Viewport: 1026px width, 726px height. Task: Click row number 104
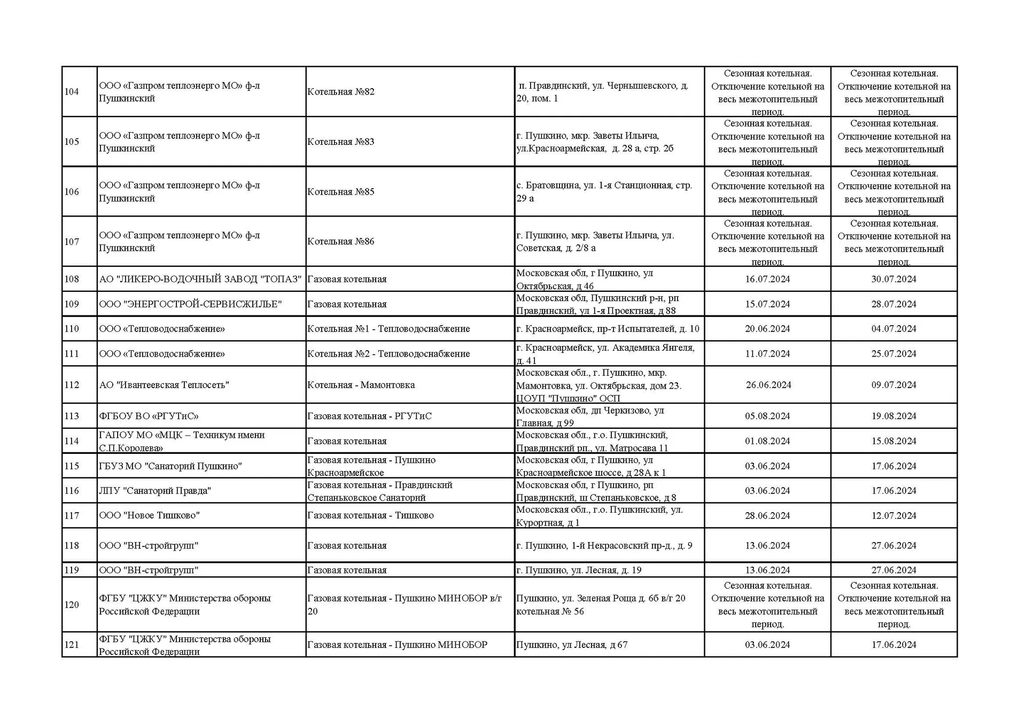pos(72,92)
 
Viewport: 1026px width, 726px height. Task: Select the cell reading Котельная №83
pos(341,142)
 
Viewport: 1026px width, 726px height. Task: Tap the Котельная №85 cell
pos(341,192)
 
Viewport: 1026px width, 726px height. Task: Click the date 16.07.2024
pos(767,279)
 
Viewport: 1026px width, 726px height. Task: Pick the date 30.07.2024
pos(893,279)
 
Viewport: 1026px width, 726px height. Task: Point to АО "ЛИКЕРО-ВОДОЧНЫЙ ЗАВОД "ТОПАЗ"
pos(200,279)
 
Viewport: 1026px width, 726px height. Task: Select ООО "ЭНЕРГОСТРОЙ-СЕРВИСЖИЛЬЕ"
pos(190,304)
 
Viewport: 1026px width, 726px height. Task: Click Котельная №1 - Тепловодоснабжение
pos(388,329)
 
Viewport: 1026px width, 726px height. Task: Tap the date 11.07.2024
pos(767,354)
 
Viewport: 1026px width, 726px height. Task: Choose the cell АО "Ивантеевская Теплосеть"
pos(164,385)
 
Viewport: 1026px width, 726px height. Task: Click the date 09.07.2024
pos(893,385)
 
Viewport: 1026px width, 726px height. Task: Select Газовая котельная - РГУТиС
pos(369,416)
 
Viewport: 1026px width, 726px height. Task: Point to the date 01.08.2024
pos(767,441)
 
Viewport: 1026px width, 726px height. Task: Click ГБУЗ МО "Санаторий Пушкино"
pos(170,466)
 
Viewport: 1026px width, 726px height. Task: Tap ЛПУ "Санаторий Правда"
pos(155,491)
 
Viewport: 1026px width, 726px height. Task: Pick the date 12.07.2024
pos(893,516)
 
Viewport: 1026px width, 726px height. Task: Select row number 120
pos(72,605)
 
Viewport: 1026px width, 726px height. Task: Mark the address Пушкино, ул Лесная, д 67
pos(572,645)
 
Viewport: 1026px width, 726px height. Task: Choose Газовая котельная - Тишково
pos(370,516)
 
